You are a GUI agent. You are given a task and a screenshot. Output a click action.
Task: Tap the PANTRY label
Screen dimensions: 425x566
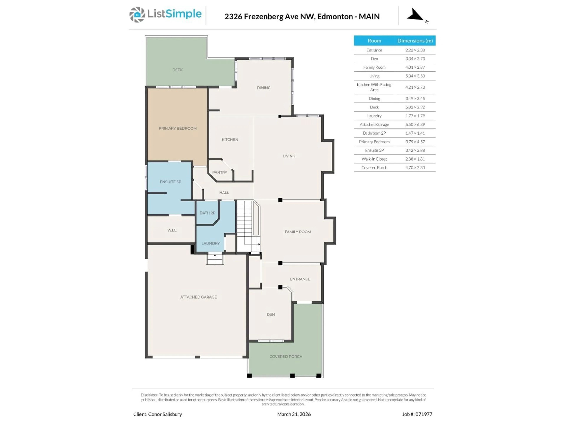click(x=219, y=172)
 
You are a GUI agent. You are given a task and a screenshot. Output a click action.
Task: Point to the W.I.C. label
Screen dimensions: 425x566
click(x=172, y=230)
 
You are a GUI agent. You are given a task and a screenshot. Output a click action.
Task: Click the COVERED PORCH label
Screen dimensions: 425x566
click(x=286, y=356)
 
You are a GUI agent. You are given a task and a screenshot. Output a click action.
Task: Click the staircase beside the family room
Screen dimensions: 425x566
click(x=247, y=225)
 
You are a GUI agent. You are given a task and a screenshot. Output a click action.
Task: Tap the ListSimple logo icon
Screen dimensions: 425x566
click(x=137, y=15)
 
